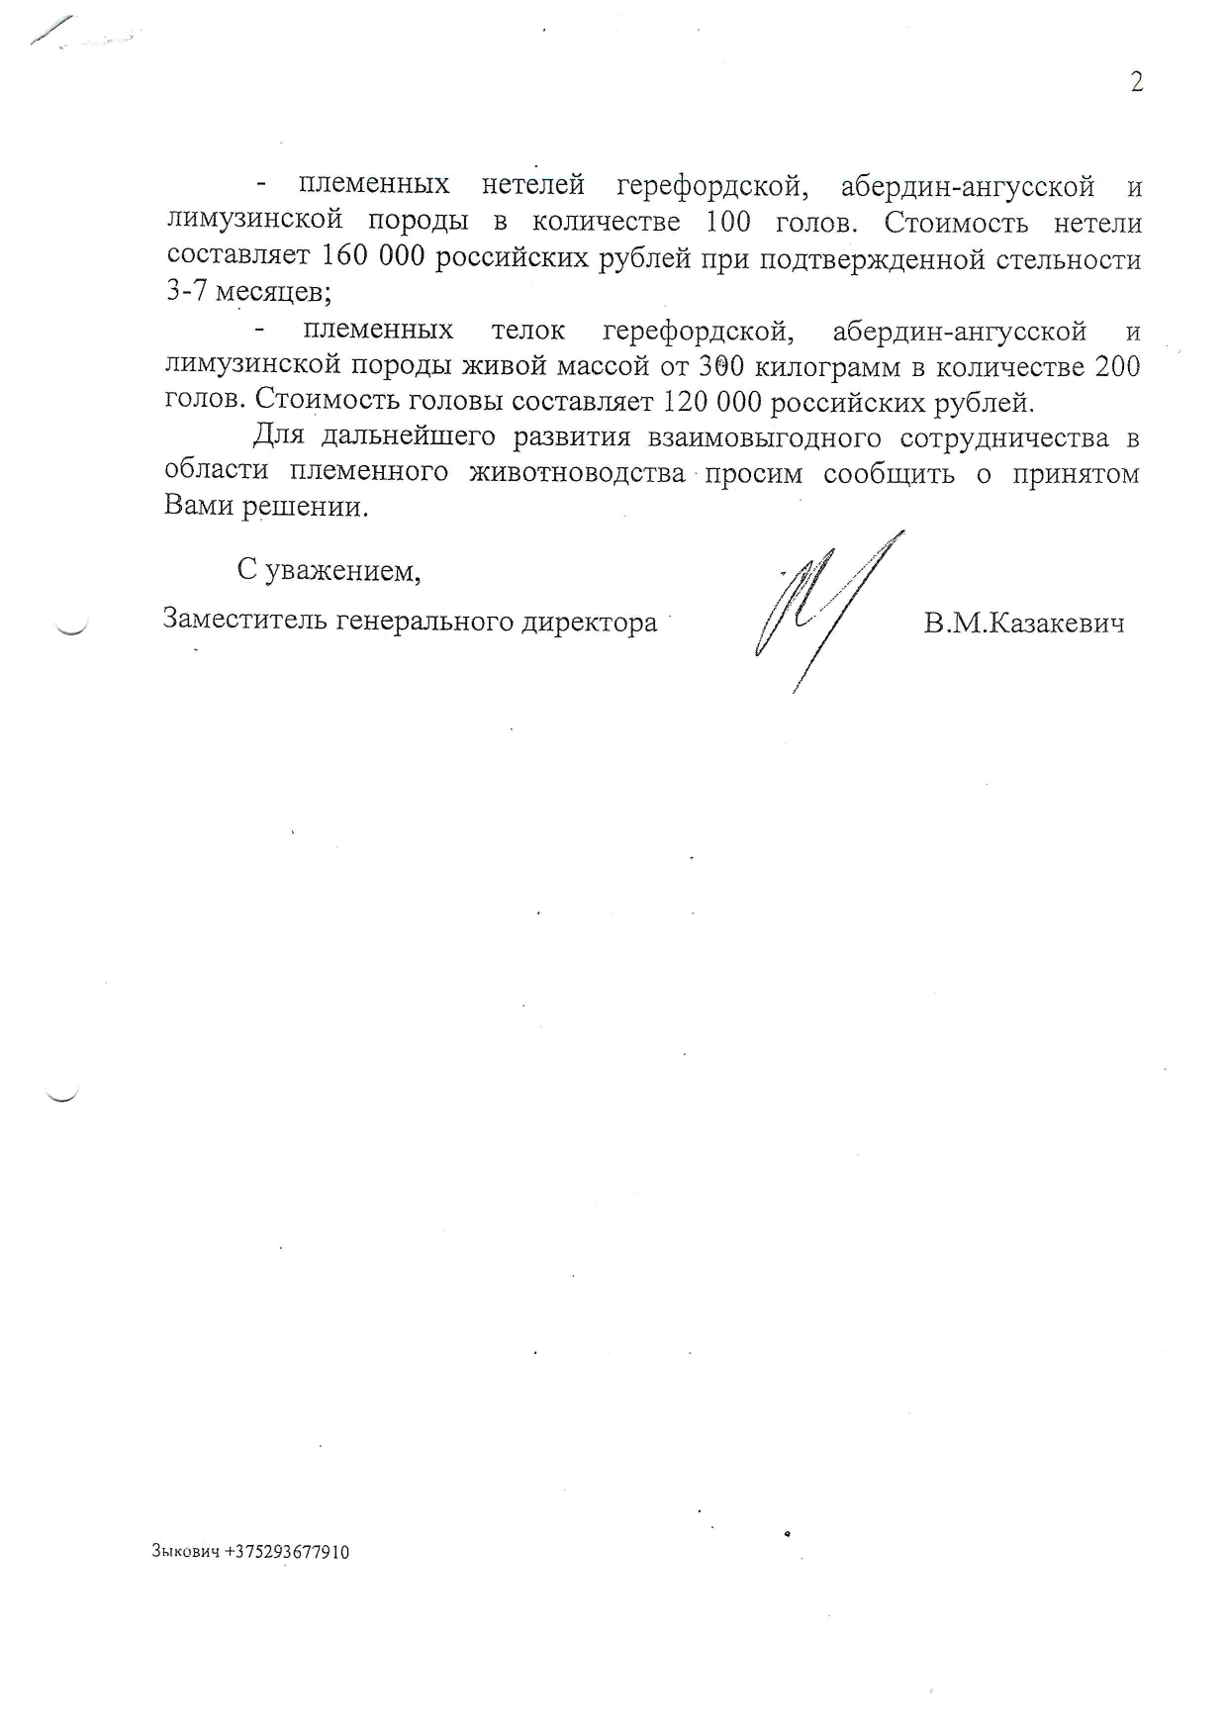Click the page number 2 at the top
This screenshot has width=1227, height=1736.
[1137, 82]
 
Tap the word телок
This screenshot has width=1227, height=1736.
[528, 331]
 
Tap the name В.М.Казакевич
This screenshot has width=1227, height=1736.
[1023, 624]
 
